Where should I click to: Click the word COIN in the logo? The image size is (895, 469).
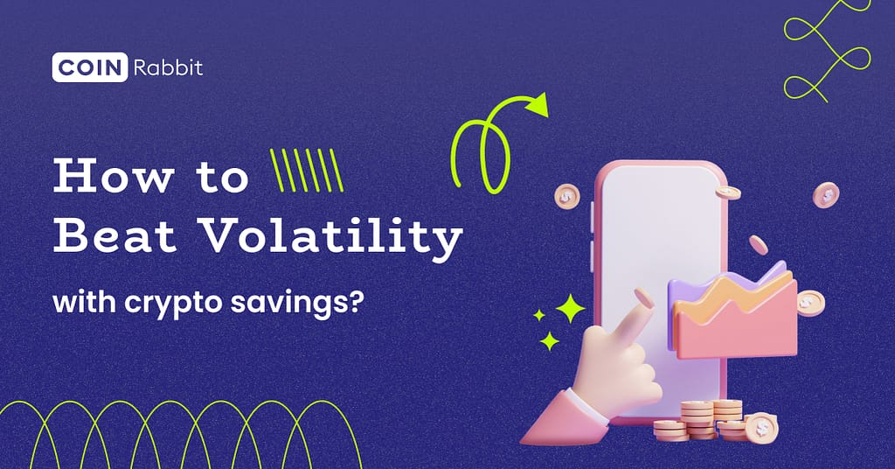pos(91,67)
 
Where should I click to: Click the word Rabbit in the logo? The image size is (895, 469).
pos(168,67)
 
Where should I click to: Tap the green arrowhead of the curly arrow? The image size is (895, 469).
pos(536,105)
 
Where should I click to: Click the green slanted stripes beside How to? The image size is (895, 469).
pos(306,170)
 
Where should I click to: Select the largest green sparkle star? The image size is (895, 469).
pos(570,308)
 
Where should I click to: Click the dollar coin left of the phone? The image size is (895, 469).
pos(566,195)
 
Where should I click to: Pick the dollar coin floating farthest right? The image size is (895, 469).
pos(825,194)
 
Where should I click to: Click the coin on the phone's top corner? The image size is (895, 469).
pos(726,191)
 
